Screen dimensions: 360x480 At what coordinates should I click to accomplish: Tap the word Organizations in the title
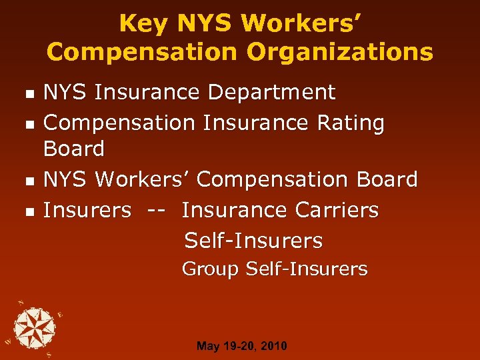click(340, 52)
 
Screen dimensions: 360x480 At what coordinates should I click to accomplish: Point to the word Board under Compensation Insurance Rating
click(74, 149)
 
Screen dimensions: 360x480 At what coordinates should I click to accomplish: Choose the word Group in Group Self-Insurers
click(210, 269)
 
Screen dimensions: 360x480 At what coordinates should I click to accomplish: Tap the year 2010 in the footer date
click(274, 346)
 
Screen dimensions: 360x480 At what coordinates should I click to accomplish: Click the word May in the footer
click(207, 347)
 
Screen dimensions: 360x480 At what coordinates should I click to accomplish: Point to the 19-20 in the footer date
click(239, 346)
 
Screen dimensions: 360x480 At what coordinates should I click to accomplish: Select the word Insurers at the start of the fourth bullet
click(87, 210)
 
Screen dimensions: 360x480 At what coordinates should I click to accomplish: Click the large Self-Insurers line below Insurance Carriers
click(253, 240)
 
